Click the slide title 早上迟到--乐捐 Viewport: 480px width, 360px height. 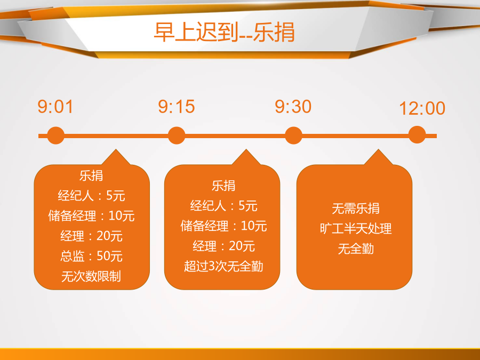pyautogui.click(x=224, y=32)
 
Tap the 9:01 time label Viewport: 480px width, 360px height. pyautogui.click(x=55, y=107)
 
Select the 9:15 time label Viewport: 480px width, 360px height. pyautogui.click(x=177, y=107)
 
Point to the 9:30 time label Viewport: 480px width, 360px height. pyautogui.click(x=293, y=107)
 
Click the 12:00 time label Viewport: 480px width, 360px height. pyautogui.click(x=422, y=108)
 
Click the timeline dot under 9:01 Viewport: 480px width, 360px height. pyautogui.click(x=55, y=135)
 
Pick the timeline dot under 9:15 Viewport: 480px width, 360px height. pyautogui.click(x=177, y=135)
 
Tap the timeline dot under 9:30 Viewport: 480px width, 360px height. pyautogui.click(x=293, y=135)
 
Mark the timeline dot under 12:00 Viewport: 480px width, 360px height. pyautogui.click(x=417, y=135)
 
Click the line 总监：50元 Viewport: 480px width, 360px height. pyautogui.click(x=91, y=256)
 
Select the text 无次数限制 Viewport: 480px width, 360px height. pyautogui.click(x=91, y=276)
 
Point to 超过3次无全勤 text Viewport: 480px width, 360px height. pyautogui.click(x=223, y=266)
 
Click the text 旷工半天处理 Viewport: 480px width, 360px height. pyautogui.click(x=356, y=229)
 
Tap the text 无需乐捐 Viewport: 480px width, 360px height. pyautogui.click(x=356, y=209)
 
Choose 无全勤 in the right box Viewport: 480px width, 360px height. pyautogui.click(x=356, y=249)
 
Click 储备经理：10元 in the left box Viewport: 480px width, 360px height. pyautogui.click(x=91, y=216)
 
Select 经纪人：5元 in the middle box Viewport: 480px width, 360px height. pyautogui.click(x=223, y=206)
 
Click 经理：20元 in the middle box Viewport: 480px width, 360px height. pyautogui.click(x=223, y=246)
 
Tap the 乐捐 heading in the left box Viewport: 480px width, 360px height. pyautogui.click(x=91, y=175)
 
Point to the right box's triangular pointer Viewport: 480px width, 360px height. pyautogui.click(x=378, y=158)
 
